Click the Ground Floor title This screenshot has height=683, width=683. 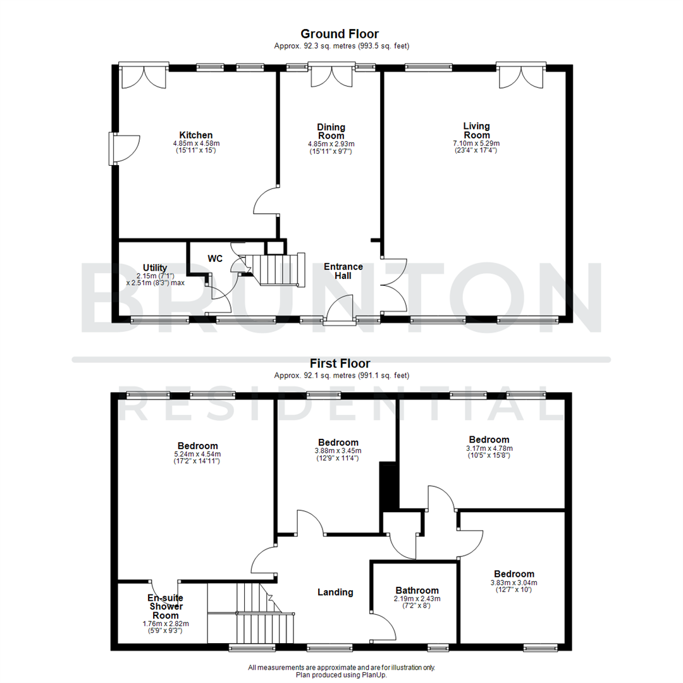(x=340, y=34)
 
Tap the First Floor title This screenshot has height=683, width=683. (x=340, y=363)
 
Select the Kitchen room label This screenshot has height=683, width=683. (x=196, y=135)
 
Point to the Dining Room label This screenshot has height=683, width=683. (x=331, y=131)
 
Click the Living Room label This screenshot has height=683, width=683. (x=476, y=130)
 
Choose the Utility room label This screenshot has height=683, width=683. (x=155, y=268)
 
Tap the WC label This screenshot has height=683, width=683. (x=216, y=259)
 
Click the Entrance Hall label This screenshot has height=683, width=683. (x=343, y=271)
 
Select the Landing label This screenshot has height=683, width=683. (x=335, y=592)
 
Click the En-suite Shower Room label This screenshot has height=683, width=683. (x=165, y=606)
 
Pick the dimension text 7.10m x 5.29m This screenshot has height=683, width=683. (x=476, y=144)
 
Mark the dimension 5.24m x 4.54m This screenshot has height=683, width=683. (x=198, y=453)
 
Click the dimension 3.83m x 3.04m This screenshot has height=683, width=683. (x=514, y=582)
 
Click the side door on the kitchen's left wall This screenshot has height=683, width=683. (x=120, y=149)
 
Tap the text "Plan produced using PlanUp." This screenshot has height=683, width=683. (x=341, y=675)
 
